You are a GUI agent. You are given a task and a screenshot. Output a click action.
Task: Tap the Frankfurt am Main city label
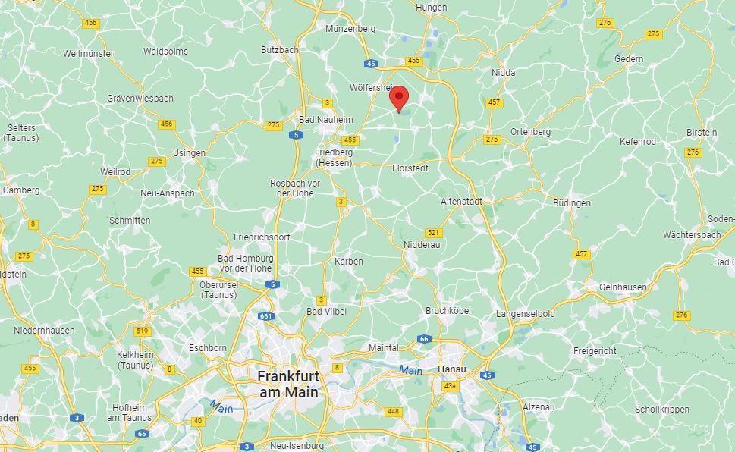pyautogui.click(x=287, y=384)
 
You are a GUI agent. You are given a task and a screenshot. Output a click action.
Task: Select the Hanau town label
pyautogui.click(x=452, y=369)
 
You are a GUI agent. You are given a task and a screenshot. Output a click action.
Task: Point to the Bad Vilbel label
pyautogui.click(x=325, y=312)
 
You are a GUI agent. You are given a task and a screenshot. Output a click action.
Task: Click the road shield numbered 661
pyautogui.click(x=265, y=316)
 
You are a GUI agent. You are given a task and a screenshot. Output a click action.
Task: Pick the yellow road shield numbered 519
pyautogui.click(x=142, y=331)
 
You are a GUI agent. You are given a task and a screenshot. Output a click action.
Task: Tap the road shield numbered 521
pyautogui.click(x=433, y=233)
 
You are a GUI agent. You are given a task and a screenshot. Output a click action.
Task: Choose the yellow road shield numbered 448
pyautogui.click(x=393, y=412)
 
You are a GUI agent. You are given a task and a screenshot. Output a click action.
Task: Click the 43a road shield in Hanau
pyautogui.click(x=451, y=386)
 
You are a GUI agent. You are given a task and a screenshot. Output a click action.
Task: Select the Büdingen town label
pyautogui.click(x=571, y=203)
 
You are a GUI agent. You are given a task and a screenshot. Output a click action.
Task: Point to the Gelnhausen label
pyautogui.click(x=623, y=287)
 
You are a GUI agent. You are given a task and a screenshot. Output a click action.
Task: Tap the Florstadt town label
pyautogui.click(x=410, y=168)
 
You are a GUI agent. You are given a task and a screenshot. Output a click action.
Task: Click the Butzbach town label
pyautogui.click(x=279, y=50)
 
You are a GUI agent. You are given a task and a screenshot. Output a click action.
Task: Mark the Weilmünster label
pyautogui.click(x=88, y=54)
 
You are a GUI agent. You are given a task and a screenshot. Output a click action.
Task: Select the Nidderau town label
pyautogui.click(x=422, y=245)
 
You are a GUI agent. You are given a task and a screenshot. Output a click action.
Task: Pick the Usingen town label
pyautogui.click(x=189, y=153)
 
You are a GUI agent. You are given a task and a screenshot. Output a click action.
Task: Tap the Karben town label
pyautogui.click(x=349, y=262)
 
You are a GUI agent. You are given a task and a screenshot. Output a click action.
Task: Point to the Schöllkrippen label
pyautogui.click(x=662, y=410)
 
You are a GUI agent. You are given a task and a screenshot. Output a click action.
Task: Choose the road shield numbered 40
pyautogui.click(x=198, y=421)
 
